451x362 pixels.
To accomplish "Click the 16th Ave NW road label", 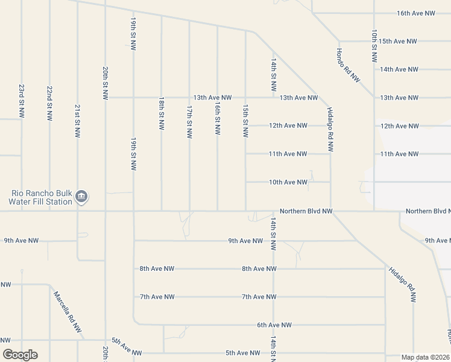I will [x=415, y=13].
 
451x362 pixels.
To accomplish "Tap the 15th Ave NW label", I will [x=398, y=41].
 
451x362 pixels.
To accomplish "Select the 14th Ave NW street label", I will [x=399, y=69].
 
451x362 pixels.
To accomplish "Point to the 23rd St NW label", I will [x=22, y=101].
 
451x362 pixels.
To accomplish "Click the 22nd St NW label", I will [x=49, y=101].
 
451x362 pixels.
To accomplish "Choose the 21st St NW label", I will [x=78, y=121].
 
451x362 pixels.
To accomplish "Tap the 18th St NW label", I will [x=162, y=113].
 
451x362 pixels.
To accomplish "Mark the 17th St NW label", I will [x=189, y=121].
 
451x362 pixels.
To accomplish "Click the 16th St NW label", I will [x=217, y=118].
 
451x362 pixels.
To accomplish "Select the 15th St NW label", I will [x=245, y=120].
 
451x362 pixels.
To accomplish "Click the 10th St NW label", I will [x=374, y=46].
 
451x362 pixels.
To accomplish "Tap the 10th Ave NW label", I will [x=288, y=182].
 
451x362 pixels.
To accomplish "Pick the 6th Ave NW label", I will [x=274, y=325].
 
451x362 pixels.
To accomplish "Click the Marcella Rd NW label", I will [x=68, y=312].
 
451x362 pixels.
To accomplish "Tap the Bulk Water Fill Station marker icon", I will [x=83, y=197].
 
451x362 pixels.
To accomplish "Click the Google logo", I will [x=20, y=355].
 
